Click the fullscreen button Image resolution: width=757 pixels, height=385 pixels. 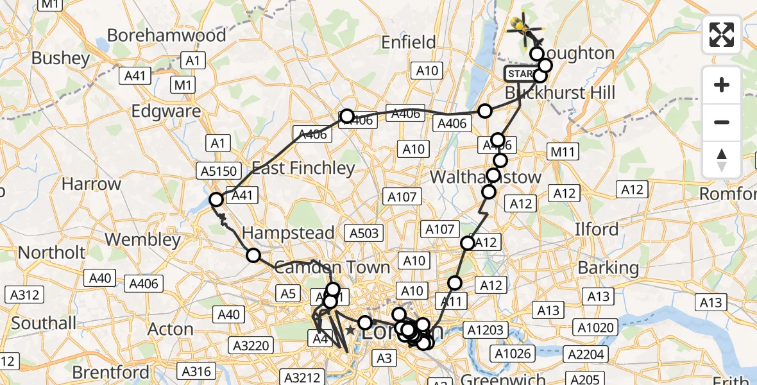point(722,35)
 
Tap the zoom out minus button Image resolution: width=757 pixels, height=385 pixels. point(722,122)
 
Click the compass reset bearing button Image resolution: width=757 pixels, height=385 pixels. point(722,159)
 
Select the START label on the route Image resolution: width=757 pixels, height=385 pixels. point(520,74)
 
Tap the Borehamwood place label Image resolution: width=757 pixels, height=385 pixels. point(166,35)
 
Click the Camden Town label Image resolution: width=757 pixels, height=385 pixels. point(332,267)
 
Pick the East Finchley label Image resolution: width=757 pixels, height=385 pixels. point(303,168)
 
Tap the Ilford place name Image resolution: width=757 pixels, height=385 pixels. point(597,229)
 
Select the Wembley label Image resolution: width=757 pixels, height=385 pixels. point(142,239)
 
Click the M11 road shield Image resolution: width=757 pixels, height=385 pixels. point(563,152)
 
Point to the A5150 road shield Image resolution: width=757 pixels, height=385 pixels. point(221,171)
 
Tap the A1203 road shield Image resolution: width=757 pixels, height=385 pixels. point(488,330)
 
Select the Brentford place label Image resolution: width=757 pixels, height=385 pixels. point(112,372)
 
